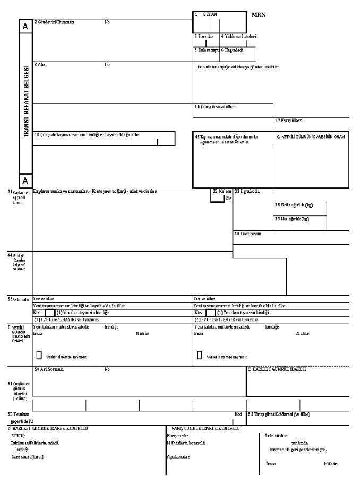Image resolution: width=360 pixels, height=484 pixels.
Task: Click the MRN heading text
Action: [x=259, y=14]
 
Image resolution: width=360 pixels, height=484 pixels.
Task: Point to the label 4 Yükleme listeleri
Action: [x=238, y=37]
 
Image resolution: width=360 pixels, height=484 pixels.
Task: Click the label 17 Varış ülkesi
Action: [x=288, y=120]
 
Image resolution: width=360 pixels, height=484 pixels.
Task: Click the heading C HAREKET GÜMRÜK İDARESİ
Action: [x=277, y=369]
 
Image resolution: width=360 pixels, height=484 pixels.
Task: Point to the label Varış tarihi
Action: [x=175, y=435]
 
